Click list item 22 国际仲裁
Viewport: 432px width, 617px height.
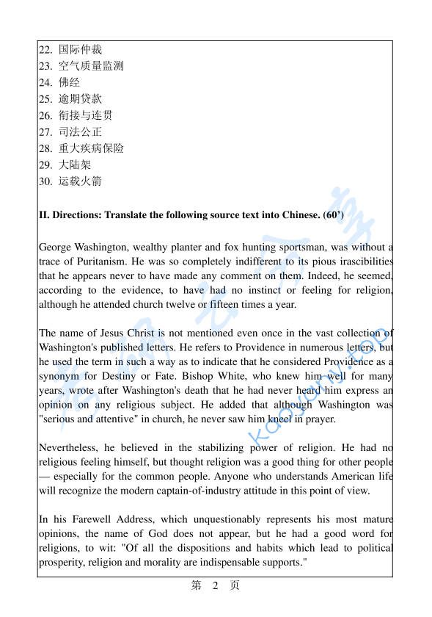80,50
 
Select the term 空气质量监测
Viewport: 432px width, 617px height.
91,66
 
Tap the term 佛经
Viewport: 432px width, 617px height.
69,82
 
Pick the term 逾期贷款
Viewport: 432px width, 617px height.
80,98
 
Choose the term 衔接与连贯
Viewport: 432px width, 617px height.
86,115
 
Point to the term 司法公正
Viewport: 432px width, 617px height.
80,132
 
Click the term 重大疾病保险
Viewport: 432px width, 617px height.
91,148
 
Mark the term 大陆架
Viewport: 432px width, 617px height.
75,165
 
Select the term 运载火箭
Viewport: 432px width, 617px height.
80,181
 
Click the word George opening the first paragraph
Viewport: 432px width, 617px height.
56,247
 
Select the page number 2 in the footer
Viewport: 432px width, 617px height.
215,585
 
